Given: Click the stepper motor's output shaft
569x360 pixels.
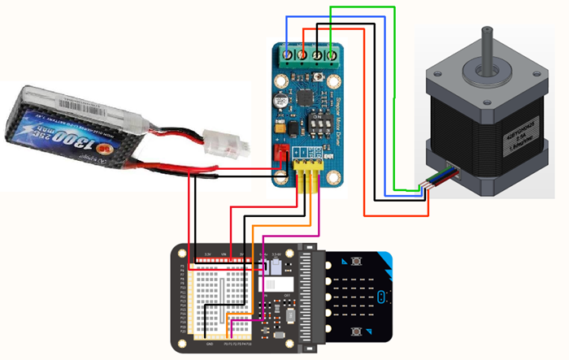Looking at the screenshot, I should [x=487, y=45].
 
